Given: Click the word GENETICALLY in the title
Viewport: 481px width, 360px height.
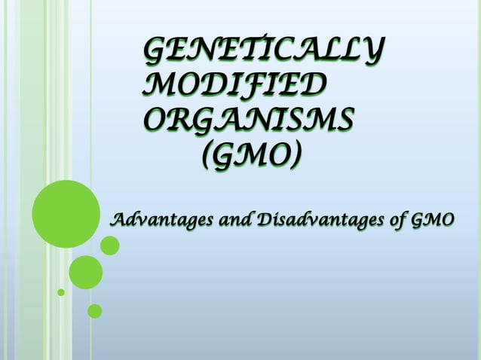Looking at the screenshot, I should [261, 52].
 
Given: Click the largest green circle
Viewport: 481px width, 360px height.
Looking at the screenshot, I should [66, 214].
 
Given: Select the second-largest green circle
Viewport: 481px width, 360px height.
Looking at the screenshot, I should [85, 272].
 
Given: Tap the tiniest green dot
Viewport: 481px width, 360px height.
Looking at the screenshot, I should [61, 291].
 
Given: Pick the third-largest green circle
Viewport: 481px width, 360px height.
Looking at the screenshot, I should [109, 246].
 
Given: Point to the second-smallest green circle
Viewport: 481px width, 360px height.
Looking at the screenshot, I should [94, 310].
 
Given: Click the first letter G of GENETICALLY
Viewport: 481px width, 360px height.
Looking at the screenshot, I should [155, 52].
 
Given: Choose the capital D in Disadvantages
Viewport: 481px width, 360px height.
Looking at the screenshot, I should [264, 220].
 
